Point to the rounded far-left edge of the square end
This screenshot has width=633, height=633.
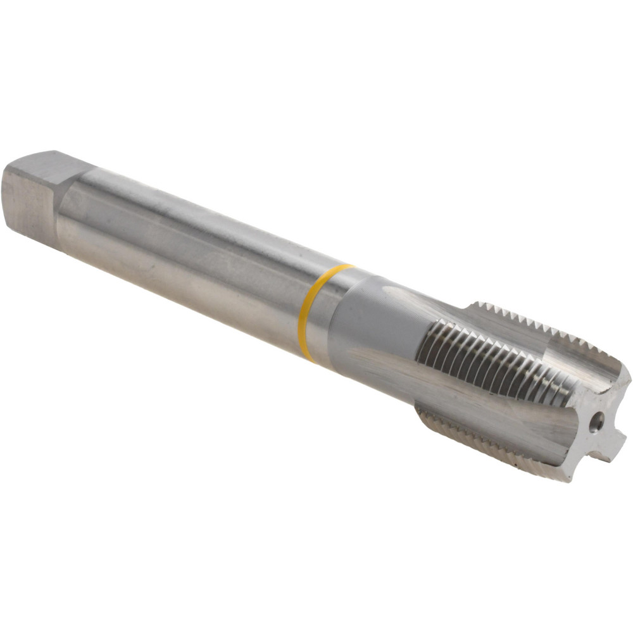(8, 190)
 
